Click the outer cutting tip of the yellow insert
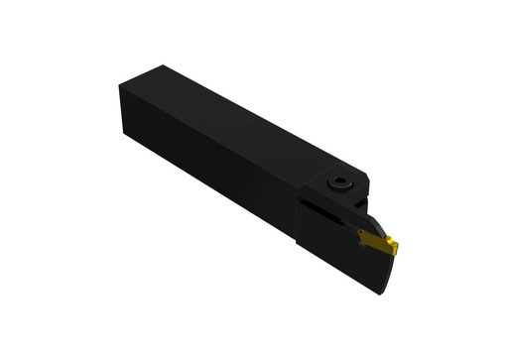pos(395,247)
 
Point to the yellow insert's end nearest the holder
pos(362,235)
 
